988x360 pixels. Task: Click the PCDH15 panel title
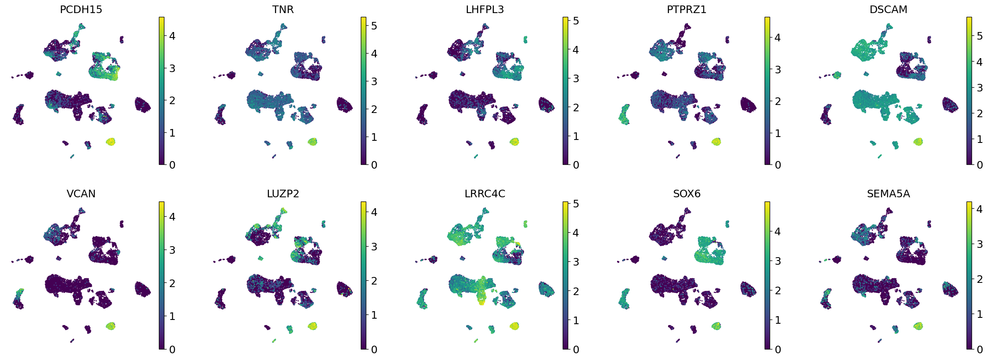pos(81,10)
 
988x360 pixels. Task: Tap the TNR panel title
pos(283,10)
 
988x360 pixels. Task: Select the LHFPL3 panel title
pos(485,10)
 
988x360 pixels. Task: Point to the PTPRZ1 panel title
pos(686,10)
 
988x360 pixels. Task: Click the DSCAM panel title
pos(888,10)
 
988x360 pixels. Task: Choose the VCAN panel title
pos(81,194)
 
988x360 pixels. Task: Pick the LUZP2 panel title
pos(283,194)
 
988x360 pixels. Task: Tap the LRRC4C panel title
pos(485,194)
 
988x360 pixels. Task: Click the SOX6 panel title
pos(687,194)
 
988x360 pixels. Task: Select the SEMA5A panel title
pos(888,194)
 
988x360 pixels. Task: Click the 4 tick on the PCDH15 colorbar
pos(172,36)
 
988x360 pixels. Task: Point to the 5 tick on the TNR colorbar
pos(374,26)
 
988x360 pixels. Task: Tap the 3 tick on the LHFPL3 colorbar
pos(576,78)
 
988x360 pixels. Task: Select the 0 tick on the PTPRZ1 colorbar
pos(778,165)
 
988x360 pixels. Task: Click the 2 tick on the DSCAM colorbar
pos(980,113)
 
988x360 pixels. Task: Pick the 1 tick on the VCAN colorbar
pos(172,316)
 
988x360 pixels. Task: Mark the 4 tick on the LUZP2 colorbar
pos(374,212)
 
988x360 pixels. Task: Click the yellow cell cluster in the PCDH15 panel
pos(110,142)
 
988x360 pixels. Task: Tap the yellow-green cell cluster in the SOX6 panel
pos(716,326)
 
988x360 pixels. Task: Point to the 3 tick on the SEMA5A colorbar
pos(980,244)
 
